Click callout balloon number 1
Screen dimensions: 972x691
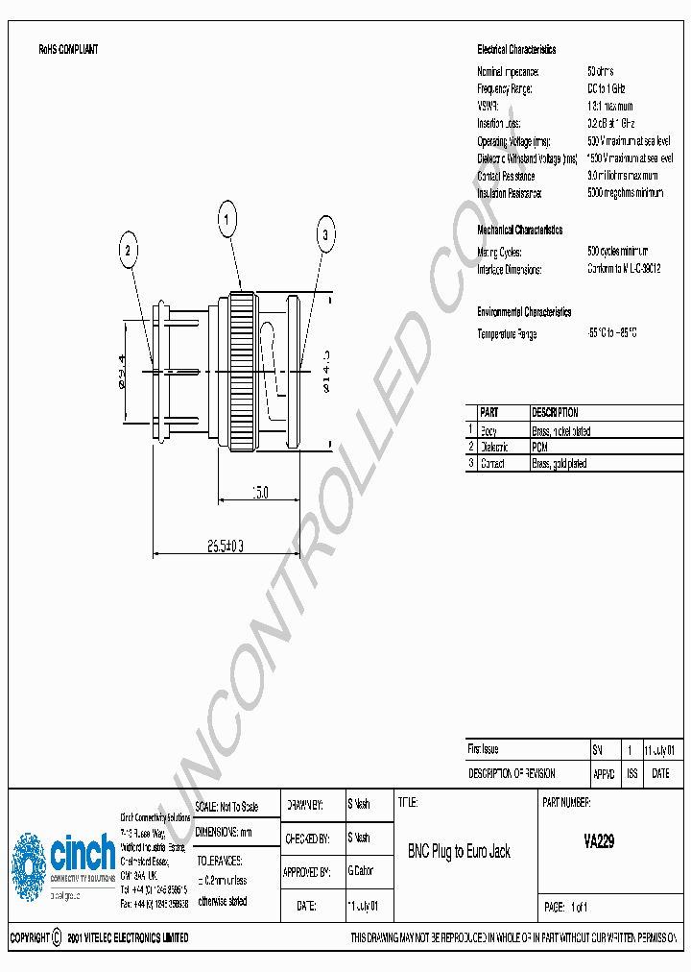tap(227, 223)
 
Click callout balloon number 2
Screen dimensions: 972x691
tap(129, 252)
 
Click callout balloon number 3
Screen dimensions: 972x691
tap(324, 234)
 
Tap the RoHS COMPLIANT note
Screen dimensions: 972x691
tap(68, 49)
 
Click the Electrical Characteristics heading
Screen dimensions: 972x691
tap(516, 50)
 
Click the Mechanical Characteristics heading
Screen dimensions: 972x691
tap(519, 231)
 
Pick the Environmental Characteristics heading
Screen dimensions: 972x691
tap(524, 312)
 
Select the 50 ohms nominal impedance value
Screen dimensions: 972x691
tap(600, 72)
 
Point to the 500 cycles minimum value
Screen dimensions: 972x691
tap(617, 252)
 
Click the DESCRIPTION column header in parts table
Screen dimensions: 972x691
tap(555, 413)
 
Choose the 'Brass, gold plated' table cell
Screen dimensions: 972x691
tap(560, 464)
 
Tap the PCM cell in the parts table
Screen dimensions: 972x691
tap(539, 448)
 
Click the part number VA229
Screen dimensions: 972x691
tap(599, 841)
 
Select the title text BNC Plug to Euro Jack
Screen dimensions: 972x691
tap(459, 851)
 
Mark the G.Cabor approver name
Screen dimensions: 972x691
tap(361, 871)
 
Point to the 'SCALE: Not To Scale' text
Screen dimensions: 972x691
tap(227, 807)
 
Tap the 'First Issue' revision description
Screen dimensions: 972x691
tap(483, 749)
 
